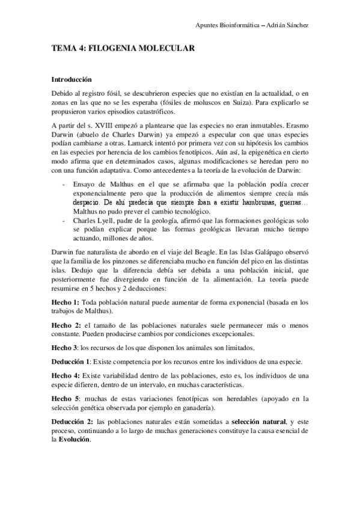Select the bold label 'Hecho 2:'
click(x=64, y=325)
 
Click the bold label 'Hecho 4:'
click(x=64, y=375)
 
